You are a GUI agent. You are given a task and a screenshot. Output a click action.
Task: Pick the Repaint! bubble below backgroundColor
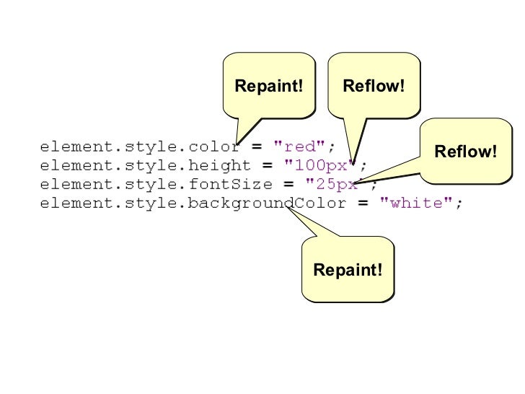348,270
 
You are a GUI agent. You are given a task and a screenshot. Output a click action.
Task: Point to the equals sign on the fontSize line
288,185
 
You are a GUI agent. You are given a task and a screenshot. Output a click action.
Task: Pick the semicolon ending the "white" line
459,204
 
